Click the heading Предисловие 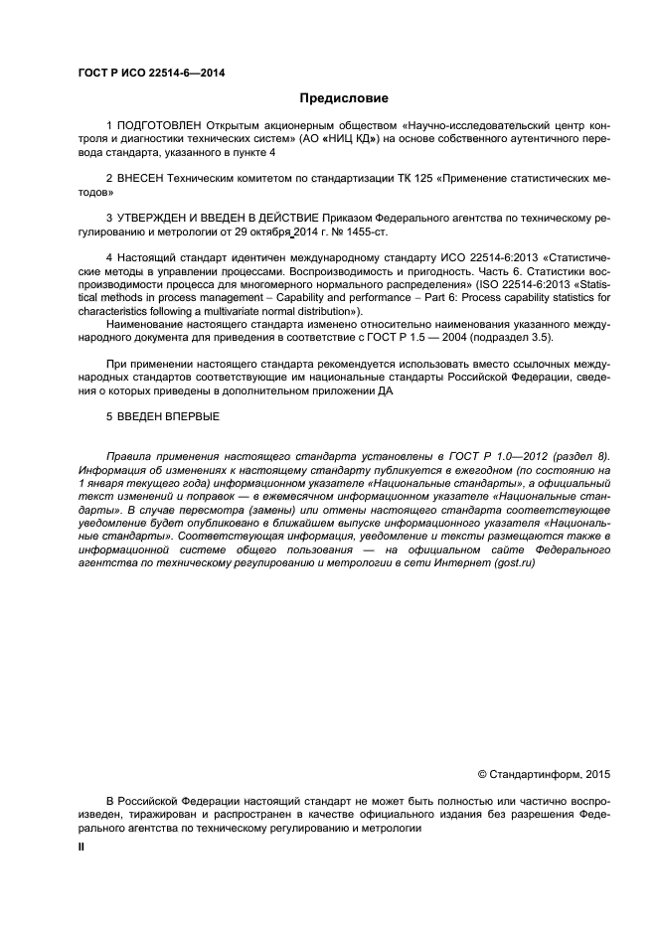tap(344, 98)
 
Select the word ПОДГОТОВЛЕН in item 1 tap(159, 126)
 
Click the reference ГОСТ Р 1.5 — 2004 tap(421, 337)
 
